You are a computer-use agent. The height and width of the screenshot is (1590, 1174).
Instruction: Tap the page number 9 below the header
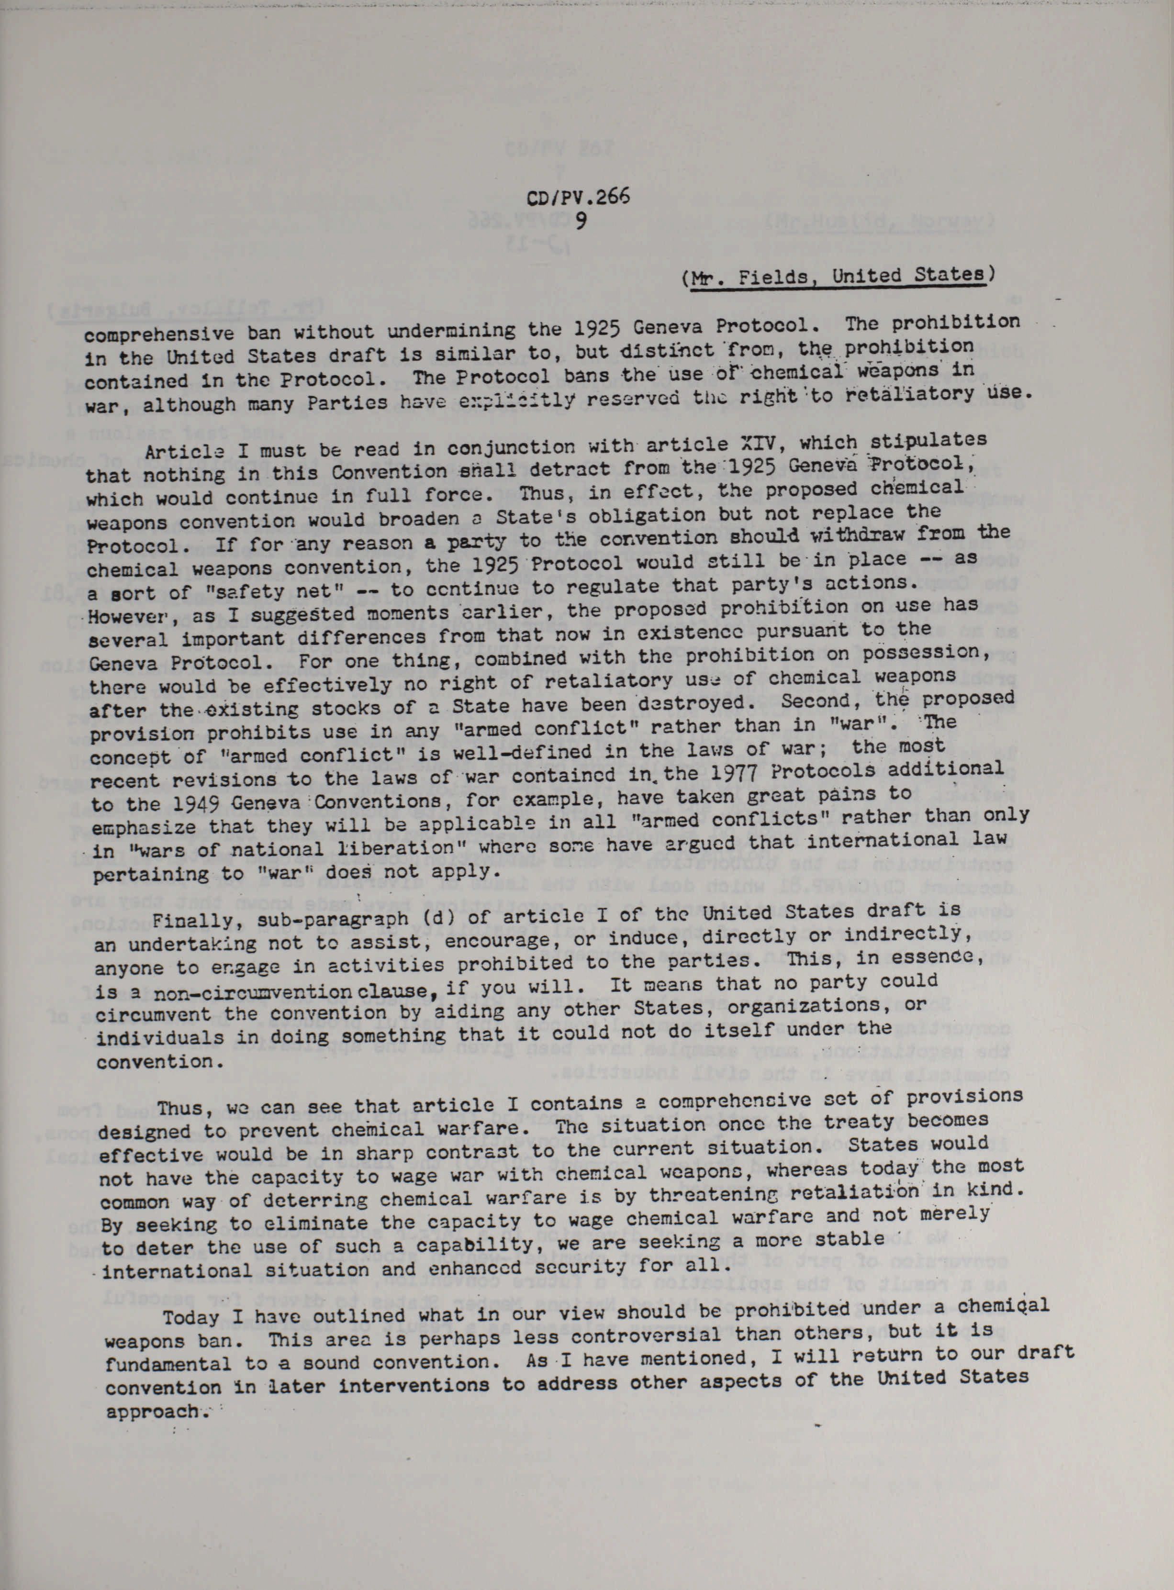[x=581, y=221]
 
